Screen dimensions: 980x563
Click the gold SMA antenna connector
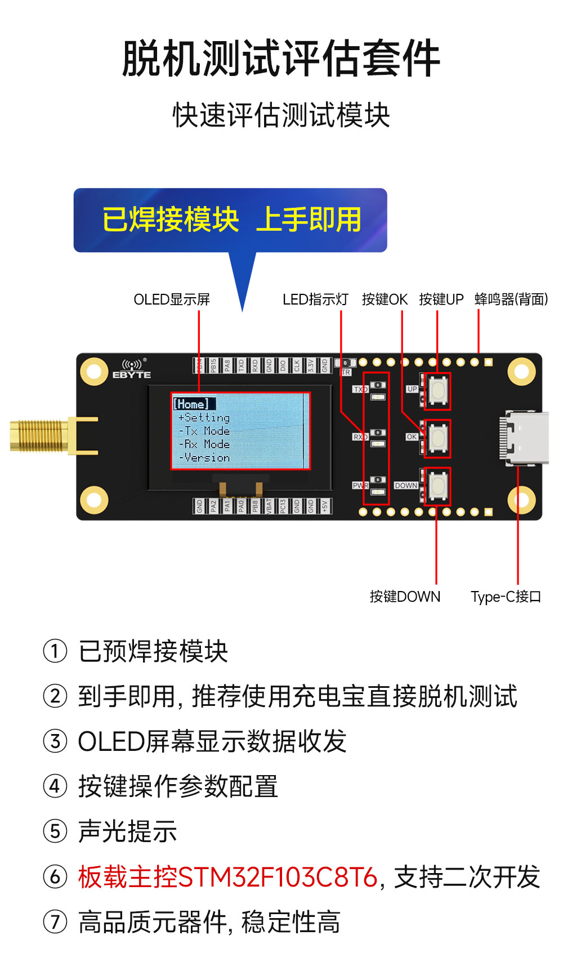pyautogui.click(x=39, y=436)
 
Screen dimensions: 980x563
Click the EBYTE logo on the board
pyautogui.click(x=132, y=370)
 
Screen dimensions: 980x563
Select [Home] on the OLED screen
pyautogui.click(x=191, y=404)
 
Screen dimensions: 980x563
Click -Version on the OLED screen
pyautogui.click(x=204, y=458)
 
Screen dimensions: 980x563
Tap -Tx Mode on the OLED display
pyautogui.click(x=204, y=431)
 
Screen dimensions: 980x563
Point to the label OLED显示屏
pyautogui.click(x=172, y=299)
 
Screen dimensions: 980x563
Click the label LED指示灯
pyautogui.click(x=315, y=299)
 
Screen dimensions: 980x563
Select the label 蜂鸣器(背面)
pyautogui.click(x=511, y=299)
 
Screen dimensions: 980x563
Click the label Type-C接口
pyautogui.click(x=506, y=597)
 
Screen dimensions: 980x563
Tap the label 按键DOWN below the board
pyautogui.click(x=405, y=597)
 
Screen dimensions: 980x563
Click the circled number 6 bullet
pyautogui.click(x=55, y=876)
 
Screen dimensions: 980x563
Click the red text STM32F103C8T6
pyautogui.click(x=278, y=877)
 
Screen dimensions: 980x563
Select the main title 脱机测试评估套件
pyautogui.click(x=281, y=58)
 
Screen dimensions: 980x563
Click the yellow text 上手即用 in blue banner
pyautogui.click(x=309, y=220)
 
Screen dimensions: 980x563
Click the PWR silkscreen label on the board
pyautogui.click(x=360, y=485)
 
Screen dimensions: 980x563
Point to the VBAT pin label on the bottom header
pyautogui.click(x=269, y=505)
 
